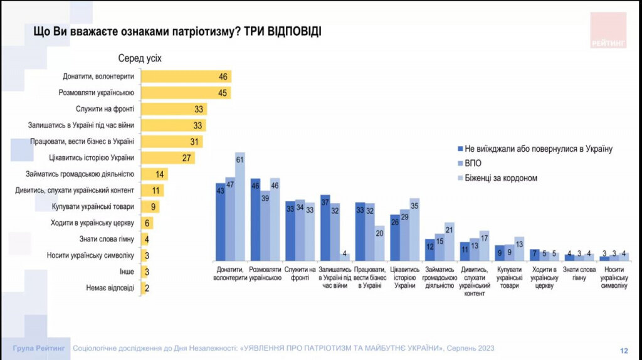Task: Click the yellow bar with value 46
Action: point(186,77)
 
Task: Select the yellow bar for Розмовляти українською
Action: point(186,93)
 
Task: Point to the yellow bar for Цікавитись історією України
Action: point(167,157)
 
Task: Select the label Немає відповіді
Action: point(111,288)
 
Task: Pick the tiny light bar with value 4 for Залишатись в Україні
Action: point(345,257)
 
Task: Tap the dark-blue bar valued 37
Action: point(325,227)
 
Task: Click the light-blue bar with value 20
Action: point(379,243)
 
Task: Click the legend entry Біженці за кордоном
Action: point(502,178)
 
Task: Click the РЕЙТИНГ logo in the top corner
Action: point(608,30)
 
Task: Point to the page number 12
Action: point(624,350)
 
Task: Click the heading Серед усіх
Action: point(140,58)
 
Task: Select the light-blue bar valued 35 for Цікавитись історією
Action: point(414,229)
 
